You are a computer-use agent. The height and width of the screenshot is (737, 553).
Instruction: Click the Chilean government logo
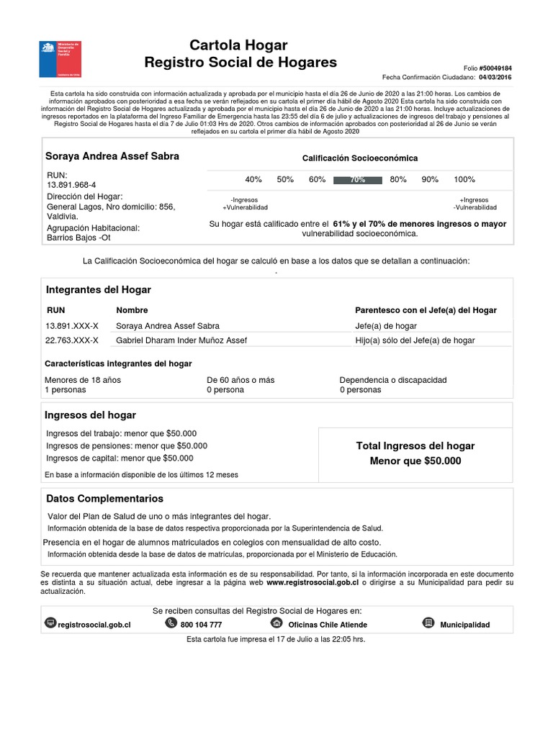(x=59, y=59)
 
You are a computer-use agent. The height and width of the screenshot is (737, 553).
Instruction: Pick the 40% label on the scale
(x=253, y=180)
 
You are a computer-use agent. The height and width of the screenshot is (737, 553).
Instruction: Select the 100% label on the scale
(x=464, y=180)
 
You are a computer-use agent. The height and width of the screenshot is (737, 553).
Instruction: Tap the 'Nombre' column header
(x=132, y=310)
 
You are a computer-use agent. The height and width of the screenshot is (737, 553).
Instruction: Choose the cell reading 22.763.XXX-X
(x=72, y=340)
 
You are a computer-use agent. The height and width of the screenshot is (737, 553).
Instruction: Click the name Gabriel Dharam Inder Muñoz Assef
(x=181, y=340)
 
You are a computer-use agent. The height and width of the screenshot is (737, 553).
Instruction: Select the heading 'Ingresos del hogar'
(x=91, y=415)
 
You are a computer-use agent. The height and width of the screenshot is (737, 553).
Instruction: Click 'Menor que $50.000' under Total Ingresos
(x=415, y=461)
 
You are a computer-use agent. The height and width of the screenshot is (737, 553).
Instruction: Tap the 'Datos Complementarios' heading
(x=104, y=499)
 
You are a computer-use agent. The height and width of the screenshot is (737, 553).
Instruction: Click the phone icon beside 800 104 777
(x=171, y=623)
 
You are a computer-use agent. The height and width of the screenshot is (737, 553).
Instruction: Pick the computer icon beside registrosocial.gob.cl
(x=50, y=623)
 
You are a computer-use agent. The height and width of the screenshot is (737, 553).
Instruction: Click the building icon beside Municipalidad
(x=428, y=623)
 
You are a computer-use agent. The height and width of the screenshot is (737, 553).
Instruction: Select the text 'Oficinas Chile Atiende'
(x=328, y=625)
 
